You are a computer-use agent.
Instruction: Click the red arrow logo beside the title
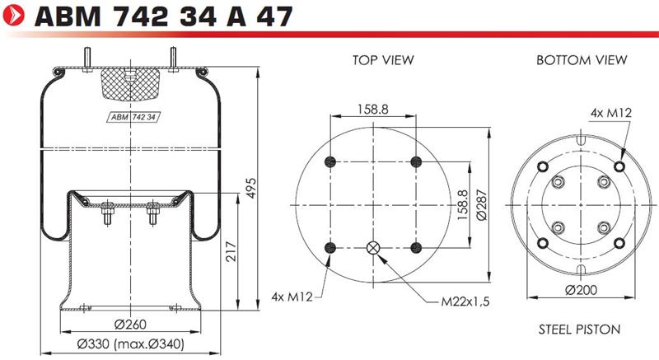[14, 16]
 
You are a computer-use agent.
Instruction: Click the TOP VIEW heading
[383, 60]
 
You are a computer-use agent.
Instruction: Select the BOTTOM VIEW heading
[582, 60]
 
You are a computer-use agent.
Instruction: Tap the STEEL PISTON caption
[580, 330]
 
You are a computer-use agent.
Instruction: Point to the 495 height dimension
[250, 188]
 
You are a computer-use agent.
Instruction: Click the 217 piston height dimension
[231, 251]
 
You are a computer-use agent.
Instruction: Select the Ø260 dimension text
[130, 325]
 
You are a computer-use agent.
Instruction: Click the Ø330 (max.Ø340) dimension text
[131, 344]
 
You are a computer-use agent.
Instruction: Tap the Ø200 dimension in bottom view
[582, 290]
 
